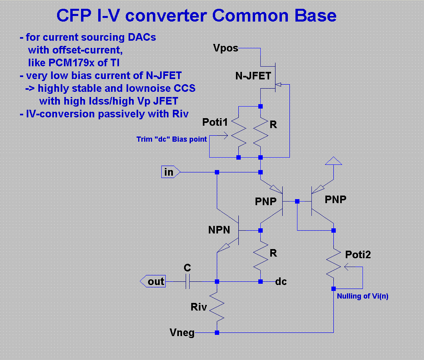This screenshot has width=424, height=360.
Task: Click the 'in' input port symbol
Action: tap(170, 172)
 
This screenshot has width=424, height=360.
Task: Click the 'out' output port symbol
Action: tap(153, 281)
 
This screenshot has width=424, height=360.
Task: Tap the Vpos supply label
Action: tap(226, 48)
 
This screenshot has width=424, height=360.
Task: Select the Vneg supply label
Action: tap(182, 332)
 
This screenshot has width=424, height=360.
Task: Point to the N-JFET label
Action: tap(253, 76)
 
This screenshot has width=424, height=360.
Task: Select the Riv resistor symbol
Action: tap(217, 307)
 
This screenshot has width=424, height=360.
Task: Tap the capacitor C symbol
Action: tap(187, 281)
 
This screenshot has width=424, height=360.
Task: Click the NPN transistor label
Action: tap(219, 230)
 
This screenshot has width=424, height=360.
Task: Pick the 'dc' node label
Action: tap(281, 282)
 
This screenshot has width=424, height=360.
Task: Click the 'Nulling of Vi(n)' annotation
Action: tap(363, 296)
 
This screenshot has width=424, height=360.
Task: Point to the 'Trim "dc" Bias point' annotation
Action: tap(171, 139)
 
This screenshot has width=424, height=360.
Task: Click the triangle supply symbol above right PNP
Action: tap(333, 161)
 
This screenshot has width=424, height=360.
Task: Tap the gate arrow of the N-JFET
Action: tap(278, 85)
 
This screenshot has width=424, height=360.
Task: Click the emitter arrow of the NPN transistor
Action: tap(224, 248)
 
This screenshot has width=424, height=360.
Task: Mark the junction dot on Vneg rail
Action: tap(217, 333)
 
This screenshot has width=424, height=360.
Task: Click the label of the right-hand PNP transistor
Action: tap(335, 200)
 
